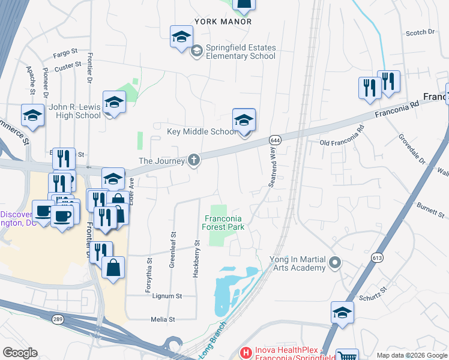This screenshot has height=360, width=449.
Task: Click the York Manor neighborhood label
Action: click(223, 21)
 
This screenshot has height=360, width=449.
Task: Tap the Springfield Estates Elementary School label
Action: click(240, 52)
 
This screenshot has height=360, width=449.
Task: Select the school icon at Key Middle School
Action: click(244, 121)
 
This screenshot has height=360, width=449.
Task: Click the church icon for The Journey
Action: click(193, 160)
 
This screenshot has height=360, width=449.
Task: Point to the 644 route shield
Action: click(275, 140)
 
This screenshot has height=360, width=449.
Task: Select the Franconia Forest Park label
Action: click(223, 223)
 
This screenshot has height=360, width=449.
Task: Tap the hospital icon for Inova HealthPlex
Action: click(244, 352)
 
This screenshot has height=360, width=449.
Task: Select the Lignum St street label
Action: click(167, 296)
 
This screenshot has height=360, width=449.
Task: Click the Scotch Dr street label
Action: click(420, 32)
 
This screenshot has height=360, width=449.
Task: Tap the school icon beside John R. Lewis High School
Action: click(113, 103)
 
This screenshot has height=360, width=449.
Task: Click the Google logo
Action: click(20, 353)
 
